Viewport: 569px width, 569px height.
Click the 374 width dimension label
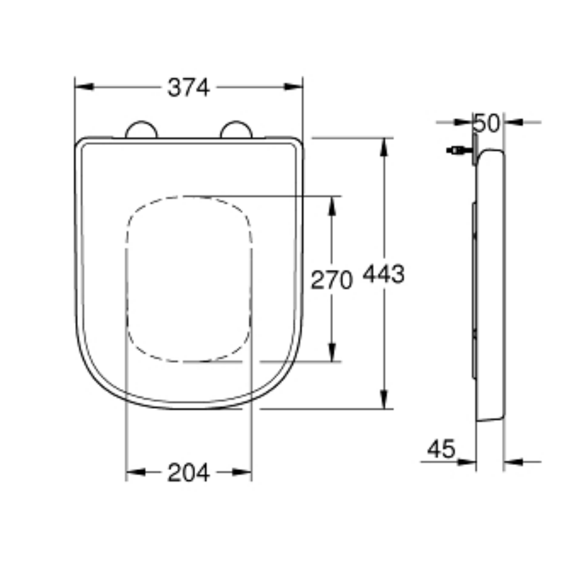pos(189,87)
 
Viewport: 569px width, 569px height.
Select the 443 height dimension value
pos(383,274)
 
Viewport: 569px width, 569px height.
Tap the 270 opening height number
pos(331,279)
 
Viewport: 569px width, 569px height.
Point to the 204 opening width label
pos(188,473)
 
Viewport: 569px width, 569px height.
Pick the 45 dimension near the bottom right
pos(441,450)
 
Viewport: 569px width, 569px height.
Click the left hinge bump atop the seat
pos(141,130)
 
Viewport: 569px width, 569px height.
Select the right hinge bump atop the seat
pos(236,130)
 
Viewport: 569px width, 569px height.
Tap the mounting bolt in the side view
pos(457,151)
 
